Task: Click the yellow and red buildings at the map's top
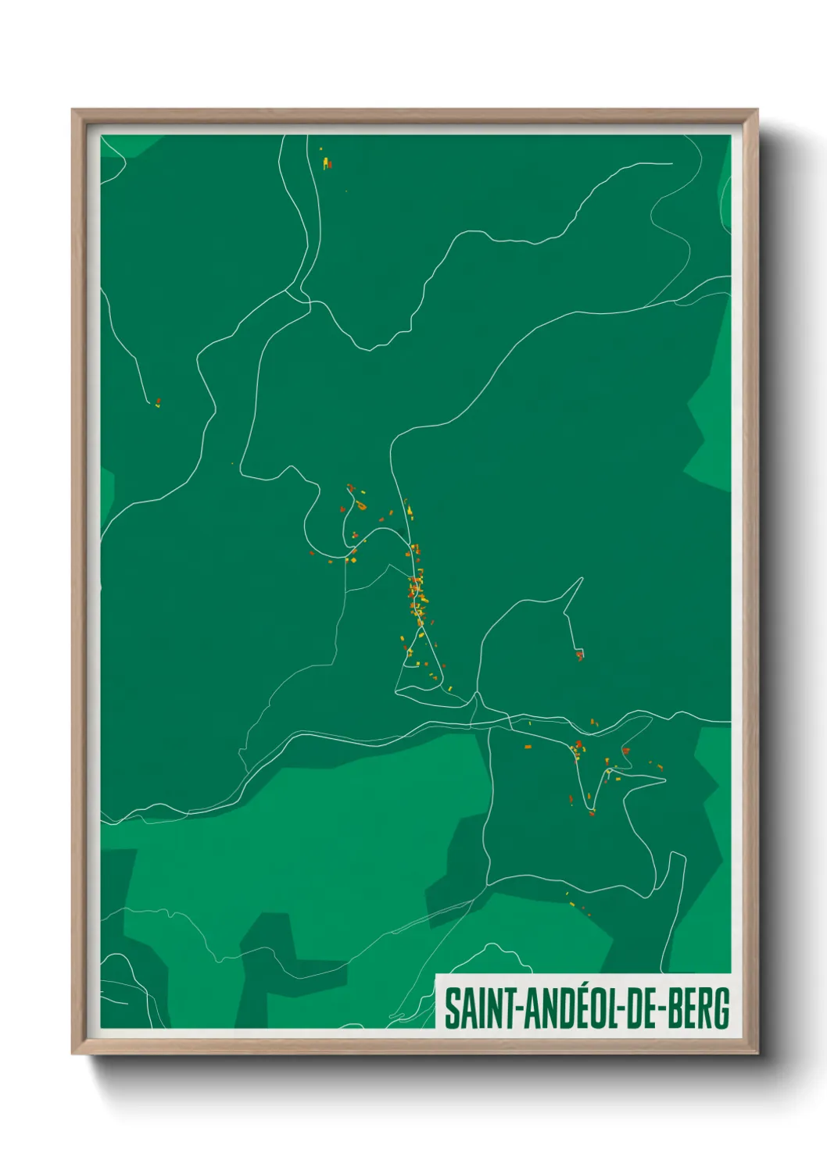click(x=326, y=162)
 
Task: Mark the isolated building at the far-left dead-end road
click(x=158, y=403)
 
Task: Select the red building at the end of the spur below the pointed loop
click(x=580, y=655)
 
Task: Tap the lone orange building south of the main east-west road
click(x=528, y=747)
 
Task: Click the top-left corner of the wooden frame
click(x=73, y=111)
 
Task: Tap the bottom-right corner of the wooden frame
click(x=757, y=1053)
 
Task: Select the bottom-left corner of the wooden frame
click(x=73, y=1053)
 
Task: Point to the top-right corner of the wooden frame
click(x=757, y=111)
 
